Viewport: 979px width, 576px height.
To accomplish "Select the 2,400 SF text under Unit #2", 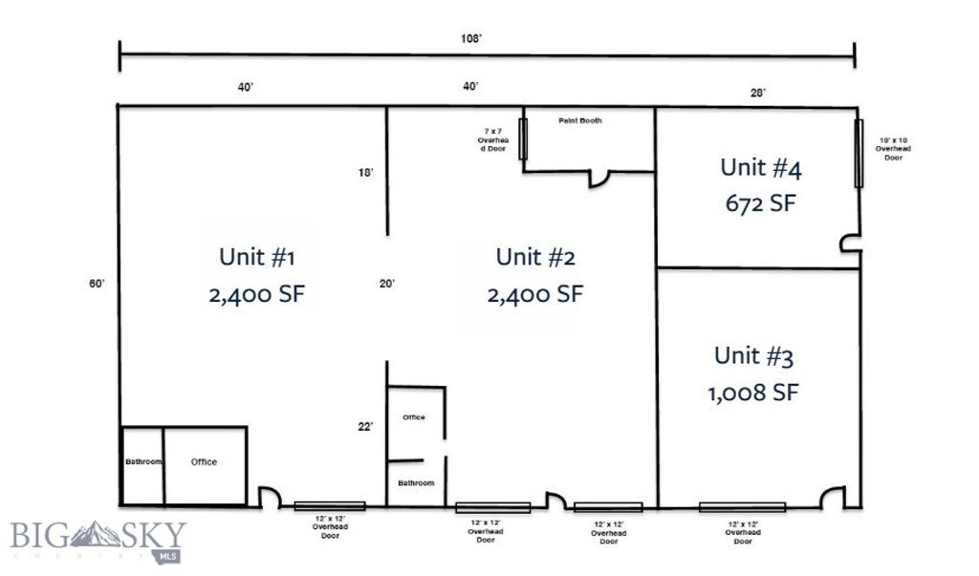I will pyautogui.click(x=534, y=294).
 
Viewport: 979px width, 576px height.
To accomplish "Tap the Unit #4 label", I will pyautogui.click(x=760, y=167).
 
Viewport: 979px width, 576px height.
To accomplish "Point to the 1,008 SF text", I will pyautogui.click(x=753, y=393).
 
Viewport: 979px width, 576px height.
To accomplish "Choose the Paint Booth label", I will pyautogui.click(x=579, y=121).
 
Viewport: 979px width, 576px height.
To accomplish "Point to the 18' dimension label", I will pyautogui.click(x=365, y=173).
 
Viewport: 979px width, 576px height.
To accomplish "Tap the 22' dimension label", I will pyautogui.click(x=365, y=427).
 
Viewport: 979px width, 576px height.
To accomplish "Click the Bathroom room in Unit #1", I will pyautogui.click(x=143, y=462).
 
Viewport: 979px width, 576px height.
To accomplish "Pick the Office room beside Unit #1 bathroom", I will pyautogui.click(x=204, y=462).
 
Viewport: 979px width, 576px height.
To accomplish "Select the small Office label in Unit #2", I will pyautogui.click(x=413, y=417).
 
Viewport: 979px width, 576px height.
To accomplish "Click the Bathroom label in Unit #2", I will pyautogui.click(x=416, y=483).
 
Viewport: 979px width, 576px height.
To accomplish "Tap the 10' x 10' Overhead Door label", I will pyautogui.click(x=893, y=149).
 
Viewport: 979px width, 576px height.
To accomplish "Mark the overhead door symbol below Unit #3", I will pyautogui.click(x=742, y=507).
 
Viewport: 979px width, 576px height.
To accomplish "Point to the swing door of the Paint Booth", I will pyautogui.click(x=600, y=179).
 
